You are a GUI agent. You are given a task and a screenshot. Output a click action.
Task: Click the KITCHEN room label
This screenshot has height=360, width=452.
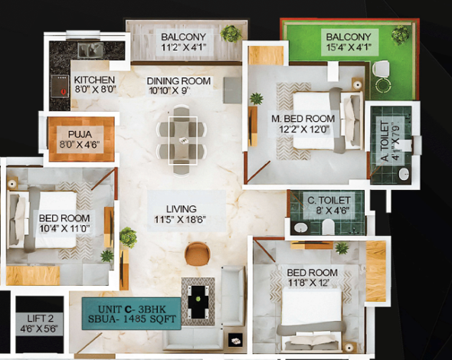(94, 80)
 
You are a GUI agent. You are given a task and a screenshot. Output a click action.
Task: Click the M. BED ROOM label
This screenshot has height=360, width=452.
(303, 119)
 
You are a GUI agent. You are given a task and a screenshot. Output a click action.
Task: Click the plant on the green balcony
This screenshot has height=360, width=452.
(399, 34)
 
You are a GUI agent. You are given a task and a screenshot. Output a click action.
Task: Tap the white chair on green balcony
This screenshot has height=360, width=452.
(382, 73)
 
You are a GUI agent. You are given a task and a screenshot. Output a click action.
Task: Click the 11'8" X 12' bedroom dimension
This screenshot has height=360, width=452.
(312, 284)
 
